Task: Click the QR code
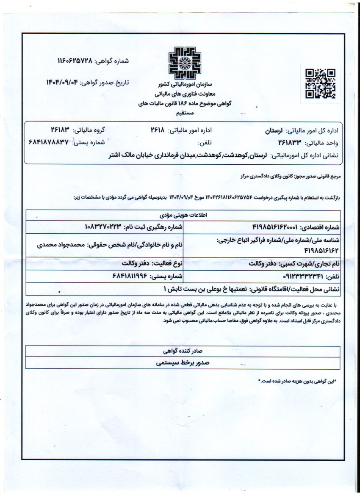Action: [320, 83]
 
